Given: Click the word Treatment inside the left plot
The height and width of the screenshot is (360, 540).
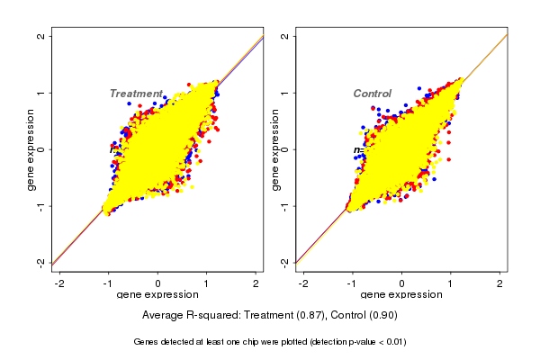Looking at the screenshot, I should (x=136, y=94).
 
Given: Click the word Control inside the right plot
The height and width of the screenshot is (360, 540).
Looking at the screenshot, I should (x=372, y=94).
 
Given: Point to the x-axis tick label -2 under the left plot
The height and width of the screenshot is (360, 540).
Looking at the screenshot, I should (x=59, y=284).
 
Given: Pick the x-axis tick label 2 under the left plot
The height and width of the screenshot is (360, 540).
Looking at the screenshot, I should (x=257, y=284).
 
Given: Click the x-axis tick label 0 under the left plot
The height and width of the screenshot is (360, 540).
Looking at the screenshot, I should (x=158, y=284).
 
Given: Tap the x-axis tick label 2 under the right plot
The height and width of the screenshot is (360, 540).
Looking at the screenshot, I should (x=501, y=284).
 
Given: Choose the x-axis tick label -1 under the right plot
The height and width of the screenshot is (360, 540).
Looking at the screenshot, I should (x=352, y=284).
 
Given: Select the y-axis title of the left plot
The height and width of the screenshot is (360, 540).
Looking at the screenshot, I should (x=31, y=149).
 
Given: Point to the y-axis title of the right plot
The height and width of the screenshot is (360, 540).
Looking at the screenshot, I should (x=274, y=149).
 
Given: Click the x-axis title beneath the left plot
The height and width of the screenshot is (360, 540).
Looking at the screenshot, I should (x=158, y=295).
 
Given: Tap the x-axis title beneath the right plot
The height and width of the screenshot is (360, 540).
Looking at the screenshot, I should (x=401, y=295).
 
